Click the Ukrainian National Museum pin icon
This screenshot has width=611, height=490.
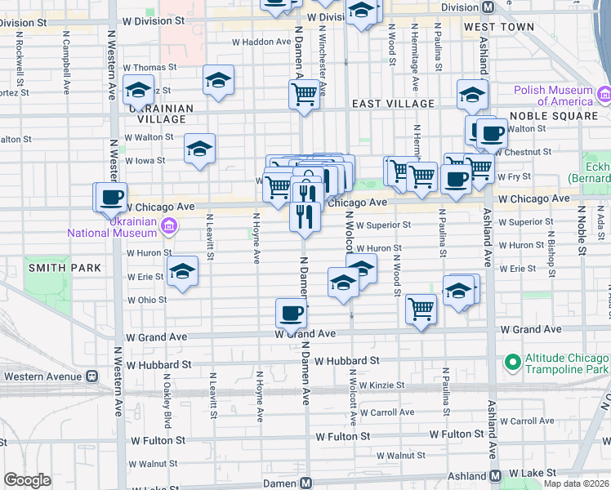pyautogui.click(x=169, y=225)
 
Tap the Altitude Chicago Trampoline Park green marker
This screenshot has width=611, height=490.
pyautogui.click(x=512, y=361)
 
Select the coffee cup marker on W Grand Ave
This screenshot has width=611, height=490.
pyautogui.click(x=291, y=312)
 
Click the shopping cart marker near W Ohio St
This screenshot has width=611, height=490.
pyautogui.click(x=421, y=309)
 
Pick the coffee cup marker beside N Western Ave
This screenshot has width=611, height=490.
pyautogui.click(x=112, y=197)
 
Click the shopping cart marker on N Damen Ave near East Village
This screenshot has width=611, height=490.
pyautogui.click(x=305, y=94)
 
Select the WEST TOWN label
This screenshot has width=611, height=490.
pyautogui.click(x=498, y=27)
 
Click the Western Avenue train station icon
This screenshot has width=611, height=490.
pyautogui.click(x=91, y=376)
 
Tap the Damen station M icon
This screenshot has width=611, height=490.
pyautogui.click(x=305, y=483)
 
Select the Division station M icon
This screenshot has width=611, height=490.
pyautogui.click(x=488, y=7)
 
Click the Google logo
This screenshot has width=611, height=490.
pyautogui.click(x=28, y=479)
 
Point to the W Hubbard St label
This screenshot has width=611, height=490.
pyautogui.click(x=347, y=359)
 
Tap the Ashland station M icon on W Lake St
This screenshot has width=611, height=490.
pyautogui.click(x=495, y=475)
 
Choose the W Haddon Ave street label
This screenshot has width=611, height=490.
pyautogui.click(x=261, y=42)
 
